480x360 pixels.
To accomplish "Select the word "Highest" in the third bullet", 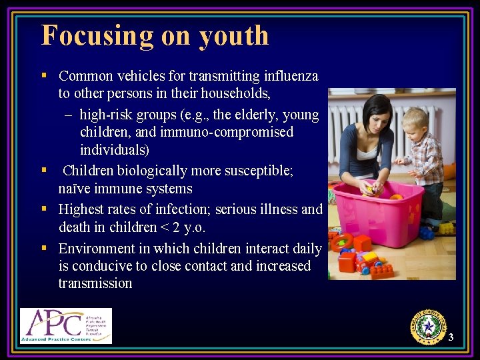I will coord(83,209).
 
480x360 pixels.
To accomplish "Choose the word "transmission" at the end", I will coord(95,283).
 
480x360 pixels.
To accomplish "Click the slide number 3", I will coord(451,337).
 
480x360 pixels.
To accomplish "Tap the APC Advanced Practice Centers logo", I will coord(65,325).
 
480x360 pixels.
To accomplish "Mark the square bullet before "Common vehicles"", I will coord(43,75).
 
